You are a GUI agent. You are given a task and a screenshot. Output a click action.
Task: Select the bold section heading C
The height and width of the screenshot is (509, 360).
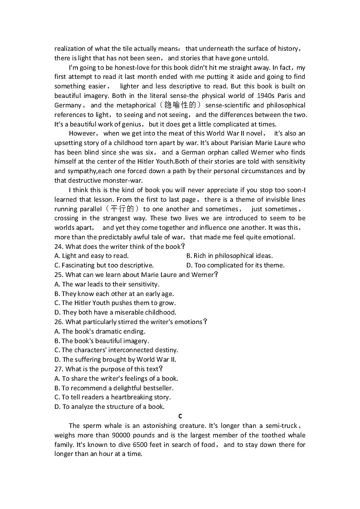(x=180, y=416)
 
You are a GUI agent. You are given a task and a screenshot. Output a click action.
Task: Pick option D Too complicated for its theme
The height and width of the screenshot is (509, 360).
(x=235, y=266)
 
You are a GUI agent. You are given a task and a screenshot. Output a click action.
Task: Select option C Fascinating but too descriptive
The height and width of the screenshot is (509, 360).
(x=104, y=266)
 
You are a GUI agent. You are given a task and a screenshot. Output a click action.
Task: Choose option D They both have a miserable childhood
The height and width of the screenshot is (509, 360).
(x=115, y=312)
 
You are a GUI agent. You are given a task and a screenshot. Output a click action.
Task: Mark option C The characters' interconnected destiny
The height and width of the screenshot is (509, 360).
(x=116, y=350)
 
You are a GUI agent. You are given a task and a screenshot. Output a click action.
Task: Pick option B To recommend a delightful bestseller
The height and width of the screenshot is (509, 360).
(x=114, y=388)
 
